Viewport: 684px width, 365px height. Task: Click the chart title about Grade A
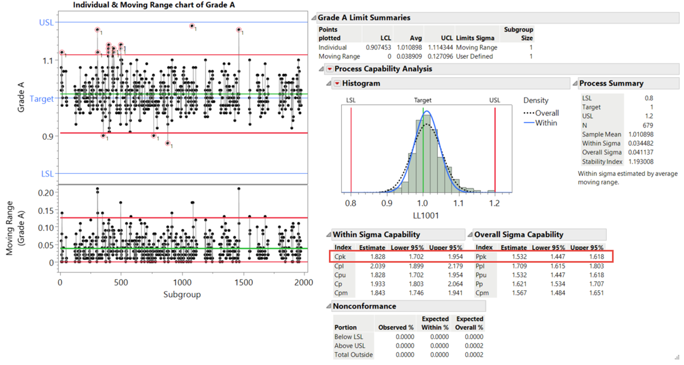[154, 5]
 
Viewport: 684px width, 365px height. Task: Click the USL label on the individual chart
[46, 23]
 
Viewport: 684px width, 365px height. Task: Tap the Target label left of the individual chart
[41, 99]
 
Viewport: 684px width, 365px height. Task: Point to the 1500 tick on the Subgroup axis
[243, 283]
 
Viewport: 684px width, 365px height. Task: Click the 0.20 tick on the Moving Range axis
[46, 193]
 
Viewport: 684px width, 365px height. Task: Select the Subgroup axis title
[182, 295]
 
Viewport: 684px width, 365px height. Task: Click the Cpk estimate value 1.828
[378, 257]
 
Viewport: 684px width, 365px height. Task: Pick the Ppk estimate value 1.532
[519, 257]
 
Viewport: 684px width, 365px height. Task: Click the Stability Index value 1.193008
[641, 161]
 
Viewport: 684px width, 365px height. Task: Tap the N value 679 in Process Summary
[648, 125]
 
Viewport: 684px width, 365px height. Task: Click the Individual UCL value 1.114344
[440, 48]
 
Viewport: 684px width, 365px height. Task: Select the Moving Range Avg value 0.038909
[409, 56]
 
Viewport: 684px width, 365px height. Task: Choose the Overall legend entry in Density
[541, 113]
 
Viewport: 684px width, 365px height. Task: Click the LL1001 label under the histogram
[426, 216]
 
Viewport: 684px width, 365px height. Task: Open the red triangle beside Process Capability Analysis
[330, 69]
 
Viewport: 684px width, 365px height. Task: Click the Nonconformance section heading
[364, 306]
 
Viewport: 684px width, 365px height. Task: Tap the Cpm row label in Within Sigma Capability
[341, 293]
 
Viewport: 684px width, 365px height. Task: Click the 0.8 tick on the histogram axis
[351, 203]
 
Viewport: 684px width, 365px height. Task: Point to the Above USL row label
[350, 346]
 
